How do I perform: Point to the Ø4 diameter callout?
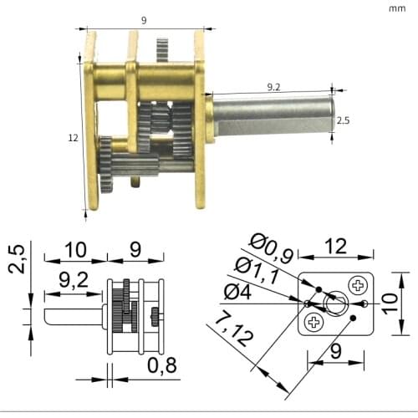(238, 292)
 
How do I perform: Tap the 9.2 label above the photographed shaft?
(274, 85)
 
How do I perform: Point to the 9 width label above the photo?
(145, 20)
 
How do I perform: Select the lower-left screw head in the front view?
(313, 322)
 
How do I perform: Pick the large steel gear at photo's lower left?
(105, 164)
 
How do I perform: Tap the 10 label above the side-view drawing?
(76, 248)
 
